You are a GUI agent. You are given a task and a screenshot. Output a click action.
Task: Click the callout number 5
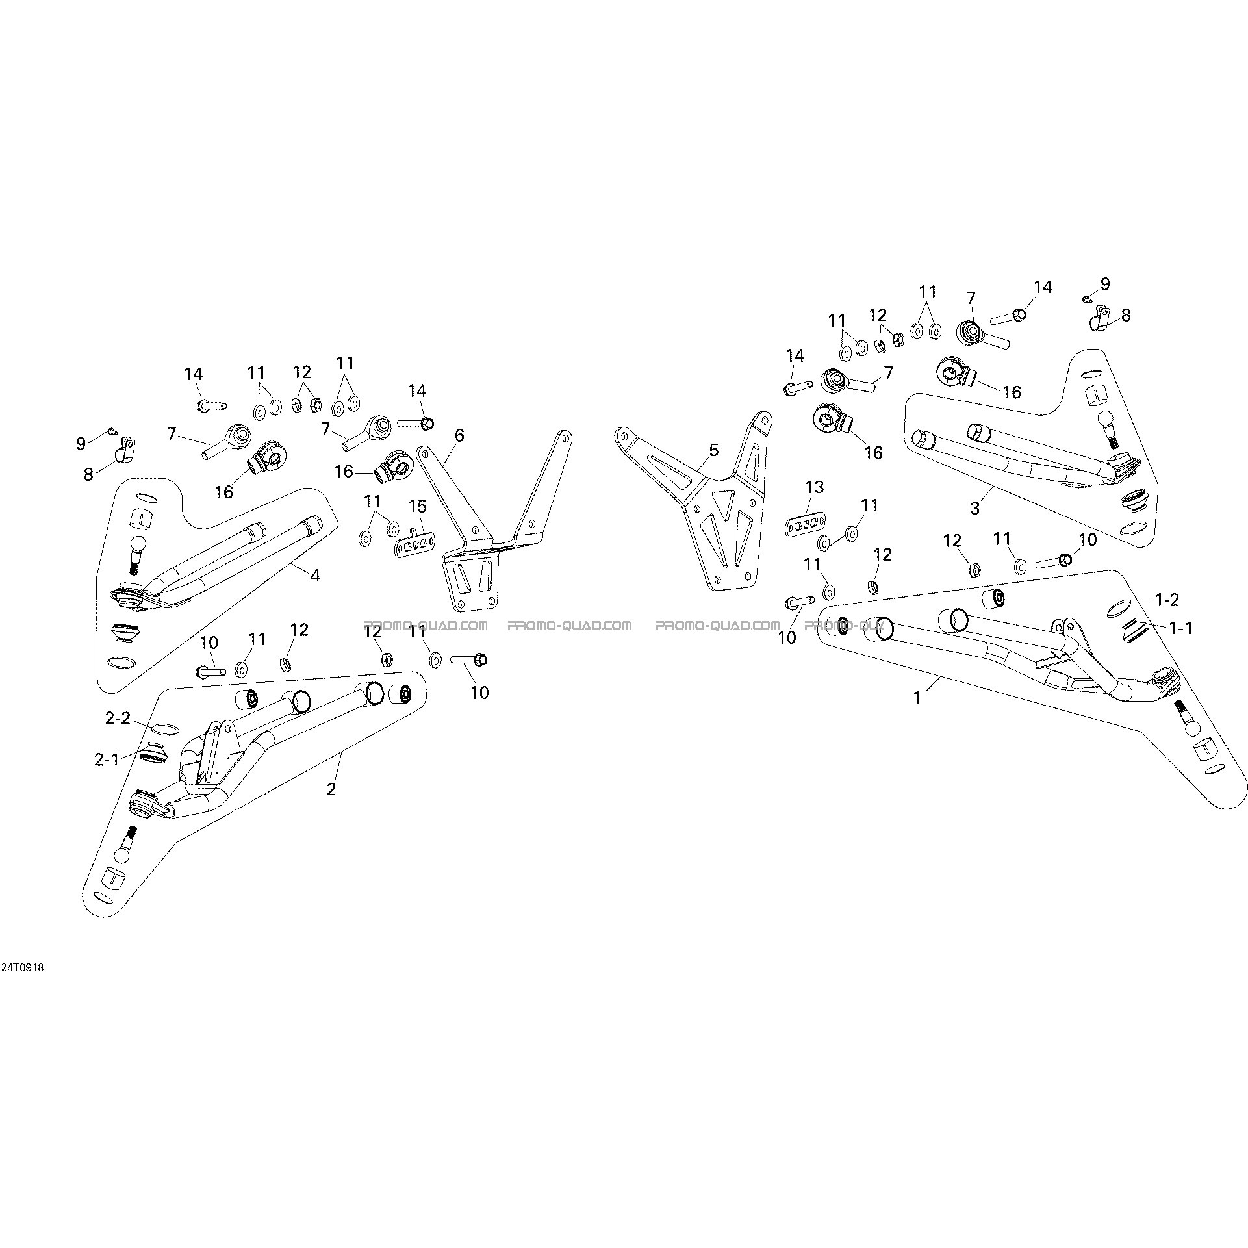714,450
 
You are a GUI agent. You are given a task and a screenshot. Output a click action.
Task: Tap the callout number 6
460,435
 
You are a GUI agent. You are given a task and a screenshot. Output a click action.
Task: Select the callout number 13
814,487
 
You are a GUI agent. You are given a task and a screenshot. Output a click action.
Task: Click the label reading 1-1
1180,628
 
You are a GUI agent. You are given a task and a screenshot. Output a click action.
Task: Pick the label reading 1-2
1167,600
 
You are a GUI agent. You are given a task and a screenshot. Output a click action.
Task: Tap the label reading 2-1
107,759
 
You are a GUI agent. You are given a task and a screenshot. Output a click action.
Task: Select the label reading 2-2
118,719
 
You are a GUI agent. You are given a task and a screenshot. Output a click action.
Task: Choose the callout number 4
315,575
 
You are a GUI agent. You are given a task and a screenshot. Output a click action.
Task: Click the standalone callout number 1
917,698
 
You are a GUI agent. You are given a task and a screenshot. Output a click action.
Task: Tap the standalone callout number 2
331,789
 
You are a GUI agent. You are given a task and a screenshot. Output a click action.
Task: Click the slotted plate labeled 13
805,507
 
